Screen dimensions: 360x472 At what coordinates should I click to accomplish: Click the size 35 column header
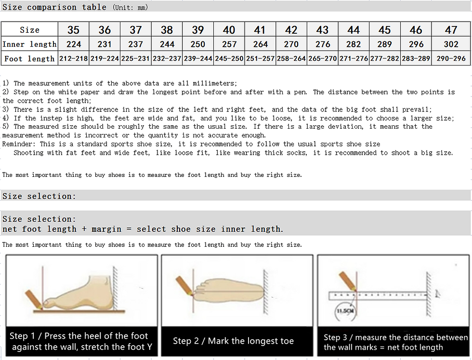point(73,30)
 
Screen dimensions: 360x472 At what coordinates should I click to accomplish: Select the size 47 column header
point(451,30)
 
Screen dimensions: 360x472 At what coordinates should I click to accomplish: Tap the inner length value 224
point(73,44)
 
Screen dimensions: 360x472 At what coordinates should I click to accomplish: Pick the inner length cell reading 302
point(451,44)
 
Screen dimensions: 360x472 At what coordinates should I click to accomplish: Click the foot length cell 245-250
point(229,59)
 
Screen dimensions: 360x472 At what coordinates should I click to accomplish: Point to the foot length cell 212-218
point(73,59)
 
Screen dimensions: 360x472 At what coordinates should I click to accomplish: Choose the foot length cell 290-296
point(451,59)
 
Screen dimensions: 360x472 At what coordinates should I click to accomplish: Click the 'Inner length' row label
point(29,44)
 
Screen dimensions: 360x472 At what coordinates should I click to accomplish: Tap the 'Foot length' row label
point(29,59)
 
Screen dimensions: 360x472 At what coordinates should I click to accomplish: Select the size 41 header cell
point(260,30)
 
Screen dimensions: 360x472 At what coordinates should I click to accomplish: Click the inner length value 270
point(291,44)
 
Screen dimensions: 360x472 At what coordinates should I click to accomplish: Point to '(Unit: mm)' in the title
point(130,7)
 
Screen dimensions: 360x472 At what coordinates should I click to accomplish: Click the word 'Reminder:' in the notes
point(19,144)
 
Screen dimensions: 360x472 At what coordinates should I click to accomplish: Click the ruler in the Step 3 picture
point(378,294)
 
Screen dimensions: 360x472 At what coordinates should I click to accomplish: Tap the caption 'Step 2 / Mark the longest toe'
point(234,341)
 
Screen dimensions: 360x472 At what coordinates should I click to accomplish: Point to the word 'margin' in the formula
point(106,229)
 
